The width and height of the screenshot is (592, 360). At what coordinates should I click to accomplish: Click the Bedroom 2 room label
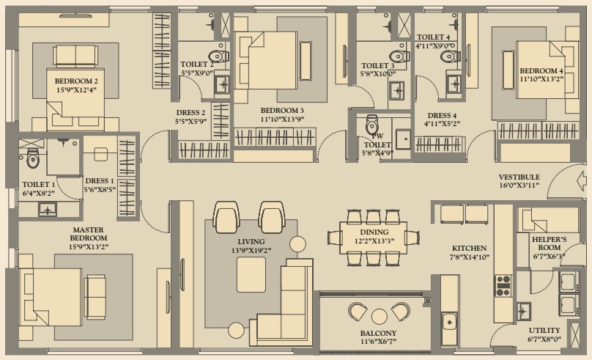coord(76,81)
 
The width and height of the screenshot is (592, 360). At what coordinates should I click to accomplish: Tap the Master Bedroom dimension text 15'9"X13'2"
coord(89,247)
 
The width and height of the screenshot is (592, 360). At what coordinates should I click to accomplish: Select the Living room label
coord(251,241)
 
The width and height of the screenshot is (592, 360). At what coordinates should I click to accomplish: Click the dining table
coord(374,238)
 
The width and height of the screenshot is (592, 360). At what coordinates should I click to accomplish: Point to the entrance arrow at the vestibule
coord(582,181)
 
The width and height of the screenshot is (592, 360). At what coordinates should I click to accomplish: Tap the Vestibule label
coord(519,177)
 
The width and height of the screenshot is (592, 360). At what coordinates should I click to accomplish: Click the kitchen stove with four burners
coord(503,286)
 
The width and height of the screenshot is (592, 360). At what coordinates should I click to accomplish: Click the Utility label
coord(544,330)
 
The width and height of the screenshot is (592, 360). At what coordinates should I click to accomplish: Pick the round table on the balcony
coord(379,317)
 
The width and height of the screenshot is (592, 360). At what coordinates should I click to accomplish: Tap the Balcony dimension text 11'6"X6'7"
coord(378,342)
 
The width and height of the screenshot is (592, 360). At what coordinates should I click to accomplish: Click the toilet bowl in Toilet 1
coord(32,158)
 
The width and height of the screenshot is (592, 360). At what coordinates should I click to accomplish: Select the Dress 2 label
coord(190,113)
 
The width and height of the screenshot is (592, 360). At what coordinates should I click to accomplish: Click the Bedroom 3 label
coord(282,110)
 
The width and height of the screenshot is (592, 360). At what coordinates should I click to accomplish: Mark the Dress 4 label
coord(442,116)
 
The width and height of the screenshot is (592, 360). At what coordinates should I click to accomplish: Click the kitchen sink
coord(449,322)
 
